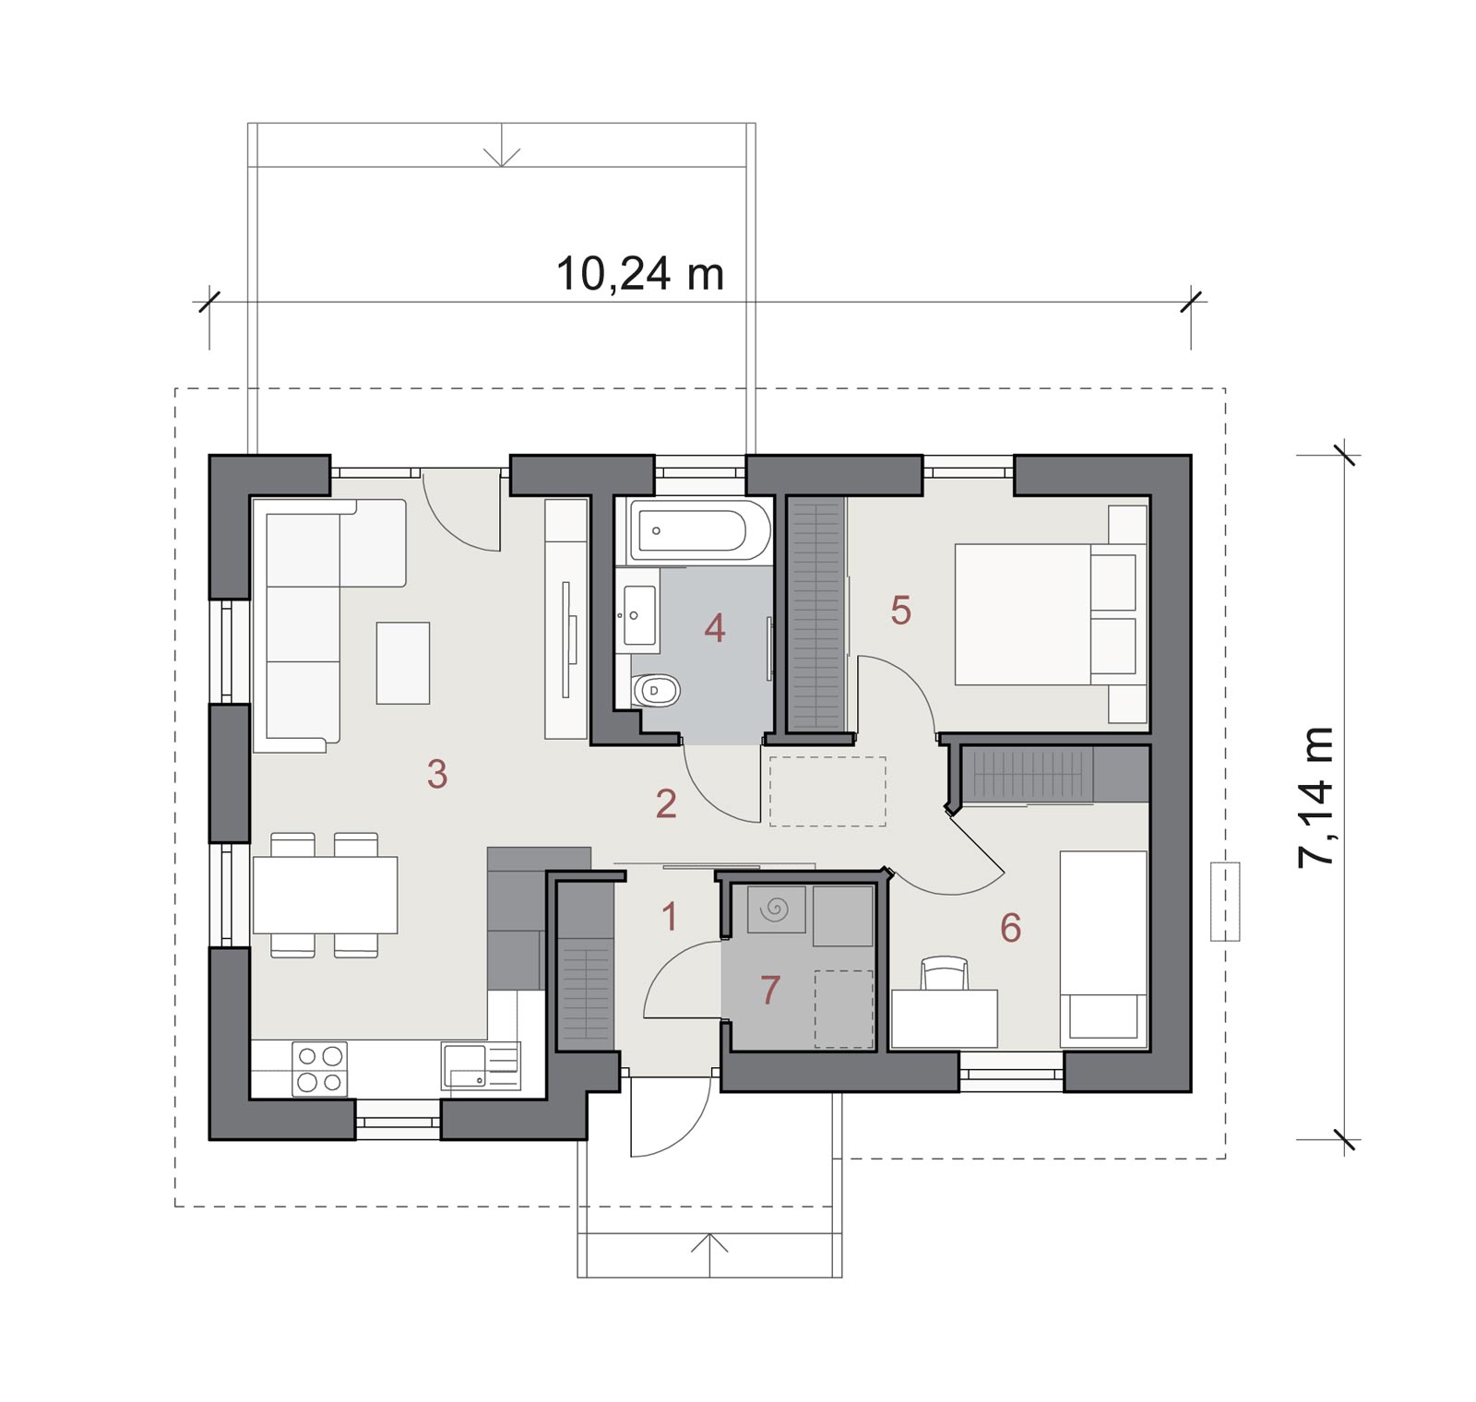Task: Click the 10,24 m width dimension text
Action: [x=639, y=274]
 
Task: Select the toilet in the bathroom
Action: [x=656, y=690]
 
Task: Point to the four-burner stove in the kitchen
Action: [x=319, y=1069]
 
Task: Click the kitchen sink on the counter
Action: [x=480, y=1065]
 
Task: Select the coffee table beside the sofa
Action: [x=403, y=663]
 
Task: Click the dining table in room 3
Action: [x=325, y=895]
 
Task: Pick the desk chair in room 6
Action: [x=945, y=973]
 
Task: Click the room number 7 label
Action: [x=770, y=990]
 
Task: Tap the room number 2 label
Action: [x=666, y=803]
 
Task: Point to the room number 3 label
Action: [x=437, y=774]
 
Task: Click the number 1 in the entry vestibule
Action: [x=671, y=916]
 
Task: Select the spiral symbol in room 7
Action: [x=775, y=909]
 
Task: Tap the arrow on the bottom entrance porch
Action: [x=709, y=1255]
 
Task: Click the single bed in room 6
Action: [x=1103, y=949]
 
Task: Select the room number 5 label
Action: [x=901, y=610]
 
